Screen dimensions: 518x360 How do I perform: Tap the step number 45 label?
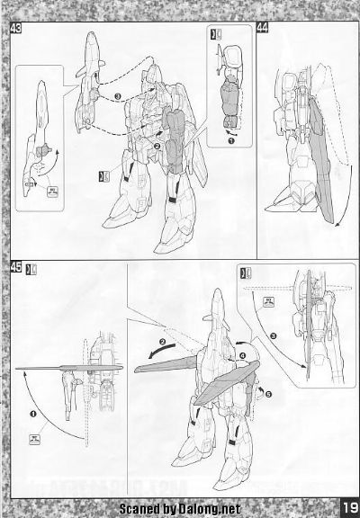pos(17,268)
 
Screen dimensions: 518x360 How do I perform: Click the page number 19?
pos(346,505)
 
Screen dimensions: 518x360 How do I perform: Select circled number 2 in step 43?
pos(157,145)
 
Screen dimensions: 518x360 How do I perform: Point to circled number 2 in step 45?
pos(163,342)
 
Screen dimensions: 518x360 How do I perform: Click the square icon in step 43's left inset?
pos(51,191)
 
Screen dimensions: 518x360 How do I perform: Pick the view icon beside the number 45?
pos(33,268)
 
